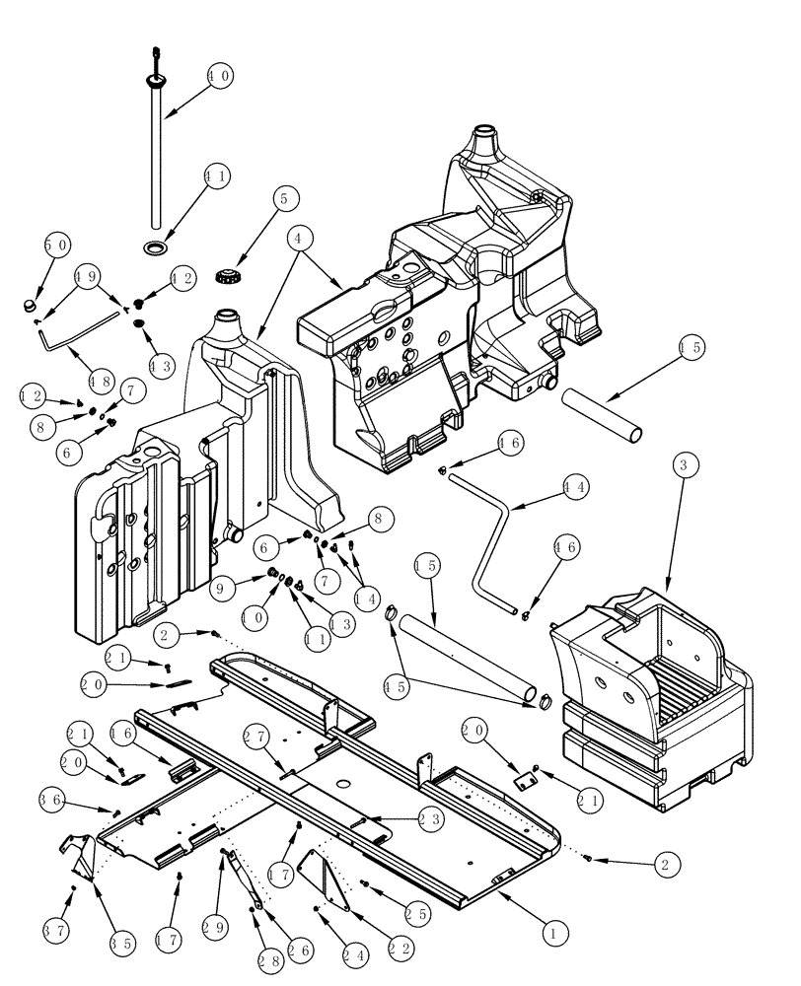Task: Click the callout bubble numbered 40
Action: (219, 76)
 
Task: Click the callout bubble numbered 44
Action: (576, 486)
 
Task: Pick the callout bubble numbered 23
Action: (429, 816)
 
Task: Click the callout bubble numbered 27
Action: (255, 736)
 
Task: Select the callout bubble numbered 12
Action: (34, 395)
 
